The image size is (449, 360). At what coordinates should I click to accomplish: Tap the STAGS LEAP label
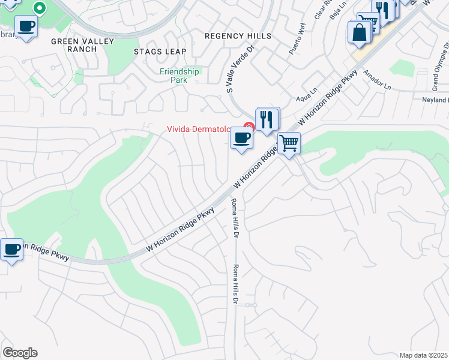160,52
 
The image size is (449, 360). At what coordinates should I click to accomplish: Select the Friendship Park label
179,76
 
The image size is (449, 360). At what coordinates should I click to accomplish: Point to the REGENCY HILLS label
238,36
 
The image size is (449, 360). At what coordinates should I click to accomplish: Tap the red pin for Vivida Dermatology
249,127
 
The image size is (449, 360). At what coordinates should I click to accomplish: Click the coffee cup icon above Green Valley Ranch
26,27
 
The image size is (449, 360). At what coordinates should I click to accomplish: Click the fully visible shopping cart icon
289,143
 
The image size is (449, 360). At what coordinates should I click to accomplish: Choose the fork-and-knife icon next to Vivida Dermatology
267,119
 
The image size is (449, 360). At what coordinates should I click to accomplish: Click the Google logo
20,353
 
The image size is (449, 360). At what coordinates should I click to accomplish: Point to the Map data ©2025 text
423,355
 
